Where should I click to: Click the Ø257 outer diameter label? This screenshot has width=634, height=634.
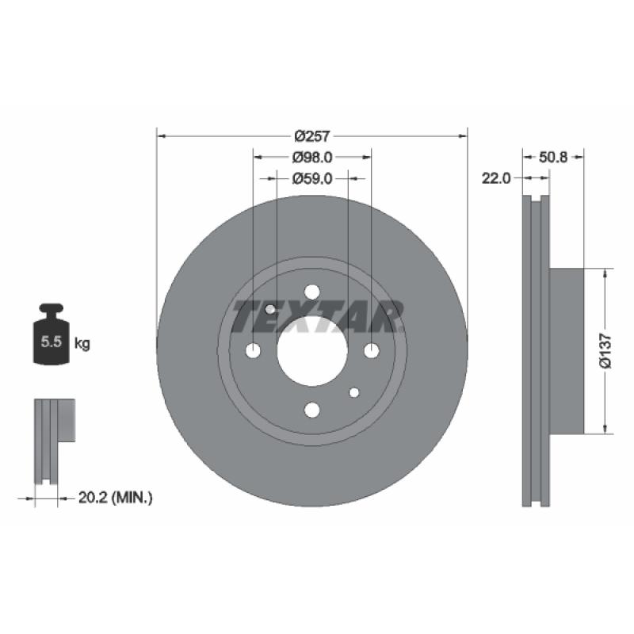[312, 136]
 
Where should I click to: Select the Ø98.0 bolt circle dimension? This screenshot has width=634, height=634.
[312, 157]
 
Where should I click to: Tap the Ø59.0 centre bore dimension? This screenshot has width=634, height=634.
[312, 178]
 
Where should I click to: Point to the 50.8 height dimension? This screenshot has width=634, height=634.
[553, 157]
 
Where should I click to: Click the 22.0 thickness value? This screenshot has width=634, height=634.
[496, 178]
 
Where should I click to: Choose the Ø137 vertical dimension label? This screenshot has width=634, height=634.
[605, 351]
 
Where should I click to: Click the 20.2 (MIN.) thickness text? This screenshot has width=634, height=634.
[115, 498]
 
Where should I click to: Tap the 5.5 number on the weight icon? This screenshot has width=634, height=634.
[52, 342]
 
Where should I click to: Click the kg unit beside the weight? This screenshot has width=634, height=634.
[82, 344]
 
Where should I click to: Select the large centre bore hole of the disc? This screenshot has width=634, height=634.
[312, 351]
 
